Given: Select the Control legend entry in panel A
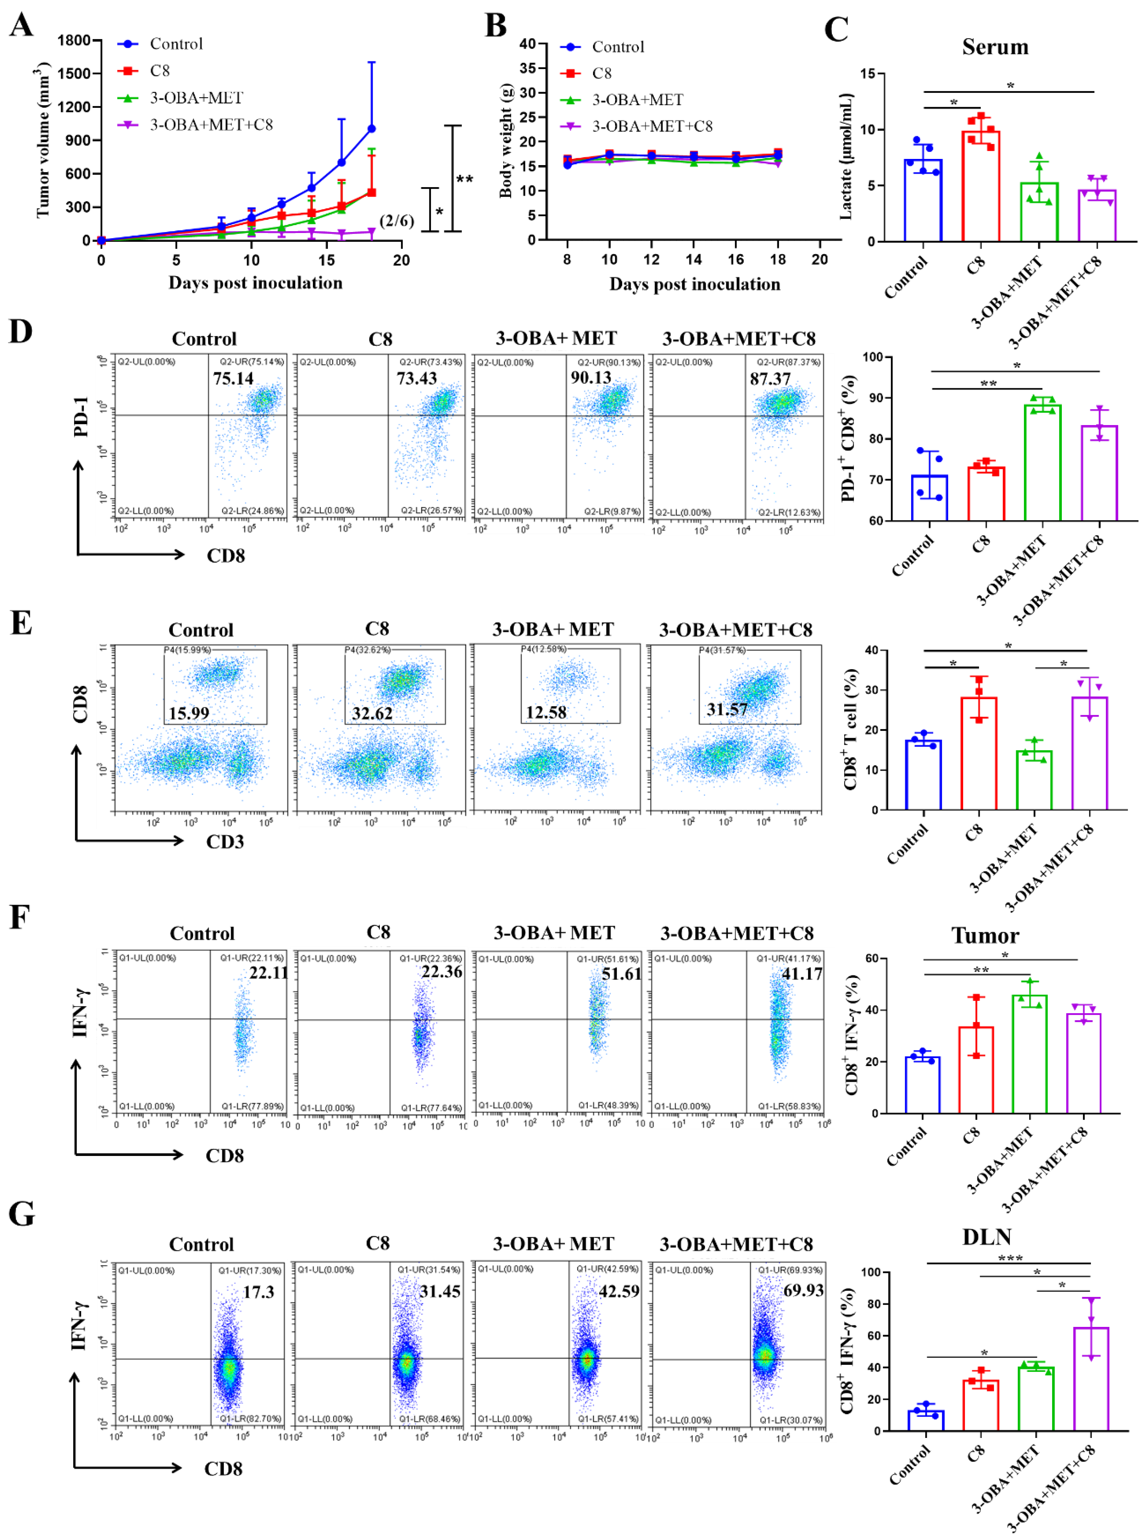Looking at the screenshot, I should pos(176,44).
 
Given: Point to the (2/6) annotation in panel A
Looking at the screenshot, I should pos(396,221).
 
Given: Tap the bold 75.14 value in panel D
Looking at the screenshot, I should pos(233,378).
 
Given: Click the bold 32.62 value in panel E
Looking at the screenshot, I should pos(372,713).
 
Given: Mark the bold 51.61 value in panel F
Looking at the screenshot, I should pos(621,974).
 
